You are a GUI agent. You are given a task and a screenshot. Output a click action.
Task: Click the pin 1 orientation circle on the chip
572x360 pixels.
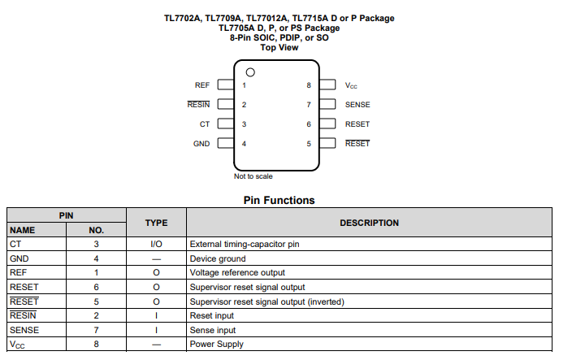click(250, 71)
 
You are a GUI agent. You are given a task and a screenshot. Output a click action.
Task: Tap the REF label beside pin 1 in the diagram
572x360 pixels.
click(202, 85)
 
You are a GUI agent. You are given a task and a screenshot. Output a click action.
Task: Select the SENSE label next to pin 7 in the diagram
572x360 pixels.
click(357, 105)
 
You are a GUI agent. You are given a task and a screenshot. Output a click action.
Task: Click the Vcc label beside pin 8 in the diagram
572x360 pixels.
click(351, 85)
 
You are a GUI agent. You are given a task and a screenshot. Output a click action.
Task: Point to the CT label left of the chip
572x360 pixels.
click(205, 124)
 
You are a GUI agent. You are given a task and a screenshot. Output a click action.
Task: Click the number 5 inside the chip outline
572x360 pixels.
click(309, 144)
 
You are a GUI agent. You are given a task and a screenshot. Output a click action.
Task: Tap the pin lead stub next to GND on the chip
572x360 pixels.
click(225, 144)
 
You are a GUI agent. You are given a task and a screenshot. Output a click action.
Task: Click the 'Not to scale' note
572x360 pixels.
click(253, 176)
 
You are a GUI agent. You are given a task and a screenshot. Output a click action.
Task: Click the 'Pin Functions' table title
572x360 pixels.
click(279, 200)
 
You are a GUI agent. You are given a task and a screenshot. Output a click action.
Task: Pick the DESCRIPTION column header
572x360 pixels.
click(369, 223)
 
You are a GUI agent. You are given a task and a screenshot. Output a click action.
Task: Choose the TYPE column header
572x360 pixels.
click(156, 223)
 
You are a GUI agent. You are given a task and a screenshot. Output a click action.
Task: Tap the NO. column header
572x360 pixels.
click(96, 230)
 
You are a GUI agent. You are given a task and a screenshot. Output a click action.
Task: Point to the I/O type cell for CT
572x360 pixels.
click(156, 244)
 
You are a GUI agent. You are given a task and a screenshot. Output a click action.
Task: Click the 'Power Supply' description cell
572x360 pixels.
click(216, 345)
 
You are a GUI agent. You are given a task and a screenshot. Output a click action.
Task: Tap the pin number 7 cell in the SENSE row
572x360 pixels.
click(96, 330)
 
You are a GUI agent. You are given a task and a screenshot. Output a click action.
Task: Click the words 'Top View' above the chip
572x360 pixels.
click(279, 47)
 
